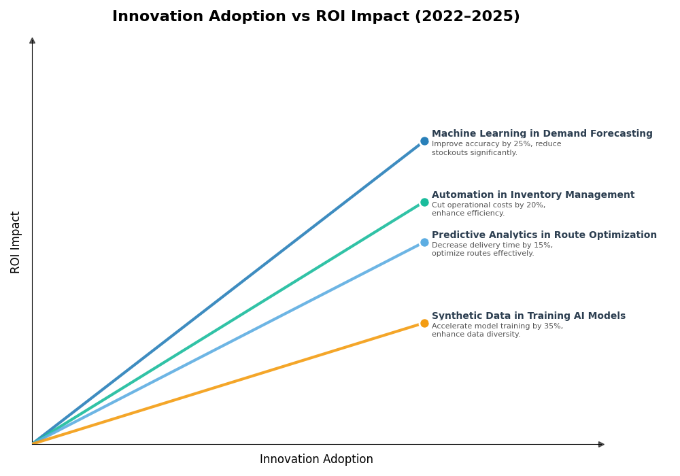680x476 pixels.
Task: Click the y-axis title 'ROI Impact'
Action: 16,242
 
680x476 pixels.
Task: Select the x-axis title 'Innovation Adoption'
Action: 316,460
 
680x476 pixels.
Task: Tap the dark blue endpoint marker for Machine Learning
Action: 424,141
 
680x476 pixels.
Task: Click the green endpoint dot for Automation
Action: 424,202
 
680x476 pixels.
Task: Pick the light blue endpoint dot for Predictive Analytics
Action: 424,243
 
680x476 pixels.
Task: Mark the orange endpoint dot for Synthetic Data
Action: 424,324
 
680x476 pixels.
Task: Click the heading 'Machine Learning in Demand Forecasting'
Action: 541,134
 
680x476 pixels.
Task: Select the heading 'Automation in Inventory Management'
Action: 532,195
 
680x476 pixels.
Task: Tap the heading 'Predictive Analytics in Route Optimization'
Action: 544,235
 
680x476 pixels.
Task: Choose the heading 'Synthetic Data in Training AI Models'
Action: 528,316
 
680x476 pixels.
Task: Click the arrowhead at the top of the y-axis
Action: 32,41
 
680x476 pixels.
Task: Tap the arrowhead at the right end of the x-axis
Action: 601,445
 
